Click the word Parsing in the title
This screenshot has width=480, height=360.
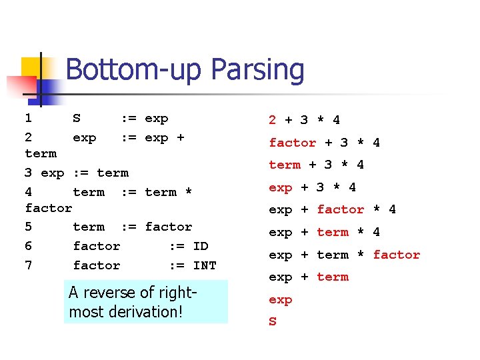coord(257,71)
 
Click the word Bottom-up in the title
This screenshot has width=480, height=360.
coord(136,69)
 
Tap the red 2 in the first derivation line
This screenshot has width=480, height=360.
coord(272,120)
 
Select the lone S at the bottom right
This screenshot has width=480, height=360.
coord(273,322)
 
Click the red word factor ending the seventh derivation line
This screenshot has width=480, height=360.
coord(396,255)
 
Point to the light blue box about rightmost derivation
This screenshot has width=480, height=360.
coord(145,302)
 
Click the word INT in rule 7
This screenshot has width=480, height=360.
coord(204,265)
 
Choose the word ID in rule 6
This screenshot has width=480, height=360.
coord(200,246)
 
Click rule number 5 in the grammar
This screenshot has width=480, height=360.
coord(28,227)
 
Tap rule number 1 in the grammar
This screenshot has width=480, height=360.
coord(28,118)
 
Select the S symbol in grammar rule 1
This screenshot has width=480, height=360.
coord(77,118)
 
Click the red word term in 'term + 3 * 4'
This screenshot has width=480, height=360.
coord(285,165)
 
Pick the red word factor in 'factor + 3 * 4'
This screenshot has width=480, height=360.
coord(293,143)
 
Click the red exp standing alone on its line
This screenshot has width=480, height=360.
coord(281,300)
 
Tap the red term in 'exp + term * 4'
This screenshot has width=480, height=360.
coord(333,232)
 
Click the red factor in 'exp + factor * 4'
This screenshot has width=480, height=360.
coord(340,209)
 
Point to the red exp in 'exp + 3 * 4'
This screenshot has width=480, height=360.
coord(281,187)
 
